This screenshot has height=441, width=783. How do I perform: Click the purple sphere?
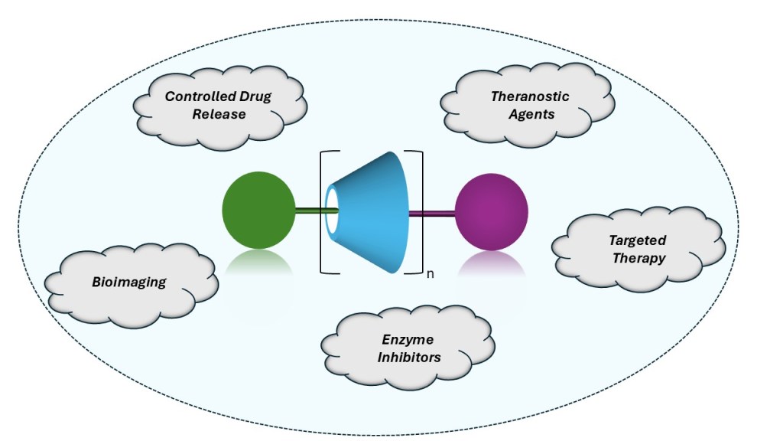click(492, 213)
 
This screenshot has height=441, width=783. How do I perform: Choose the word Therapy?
click(638, 258)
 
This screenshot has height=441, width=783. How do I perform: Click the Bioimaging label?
click(128, 282)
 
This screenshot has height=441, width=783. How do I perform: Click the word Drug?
click(254, 96)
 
